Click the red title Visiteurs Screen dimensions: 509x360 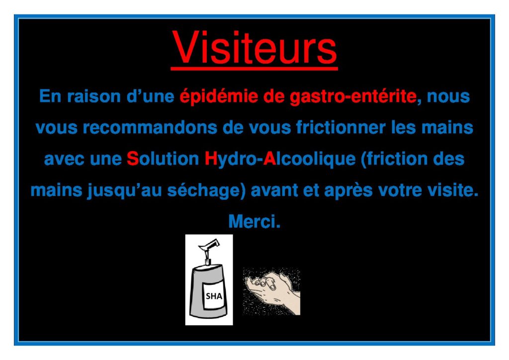(254, 48)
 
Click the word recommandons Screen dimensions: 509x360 (150, 127)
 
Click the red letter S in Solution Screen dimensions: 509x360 (132, 159)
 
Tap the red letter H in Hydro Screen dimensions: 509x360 (211, 159)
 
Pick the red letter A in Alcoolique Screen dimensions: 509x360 (269, 159)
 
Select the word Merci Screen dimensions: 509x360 (254, 221)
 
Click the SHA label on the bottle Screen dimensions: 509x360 (214, 296)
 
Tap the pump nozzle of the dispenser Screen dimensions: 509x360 (209, 246)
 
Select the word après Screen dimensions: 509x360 (348, 190)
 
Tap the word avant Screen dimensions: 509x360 (274, 190)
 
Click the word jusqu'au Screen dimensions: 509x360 (125, 190)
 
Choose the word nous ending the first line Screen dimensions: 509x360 (448, 97)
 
